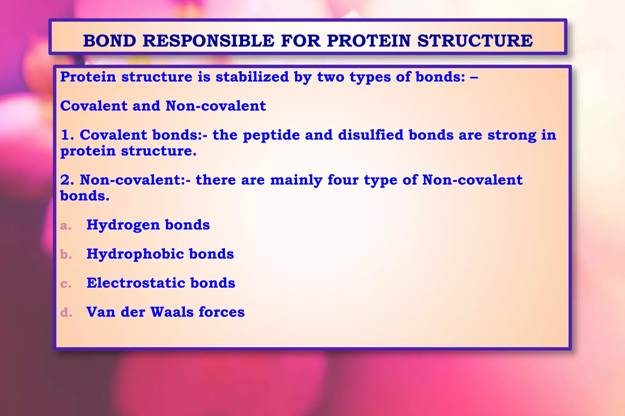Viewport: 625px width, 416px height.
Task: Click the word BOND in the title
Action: tap(110, 41)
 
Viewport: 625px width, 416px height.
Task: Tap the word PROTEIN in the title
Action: tap(369, 41)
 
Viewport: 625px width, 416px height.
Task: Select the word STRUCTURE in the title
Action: tap(475, 41)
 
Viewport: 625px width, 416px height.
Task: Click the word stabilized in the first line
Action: tap(252, 77)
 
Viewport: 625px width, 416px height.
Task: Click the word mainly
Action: tap(296, 180)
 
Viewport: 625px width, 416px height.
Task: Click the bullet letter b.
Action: tap(66, 254)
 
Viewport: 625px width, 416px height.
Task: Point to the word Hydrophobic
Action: tap(135, 254)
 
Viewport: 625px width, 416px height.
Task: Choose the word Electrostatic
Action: tap(135, 283)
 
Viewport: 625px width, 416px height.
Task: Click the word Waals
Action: tap(172, 312)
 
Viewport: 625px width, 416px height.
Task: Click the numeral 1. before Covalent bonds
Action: tap(67, 135)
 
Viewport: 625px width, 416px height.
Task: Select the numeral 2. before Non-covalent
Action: tap(67, 180)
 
